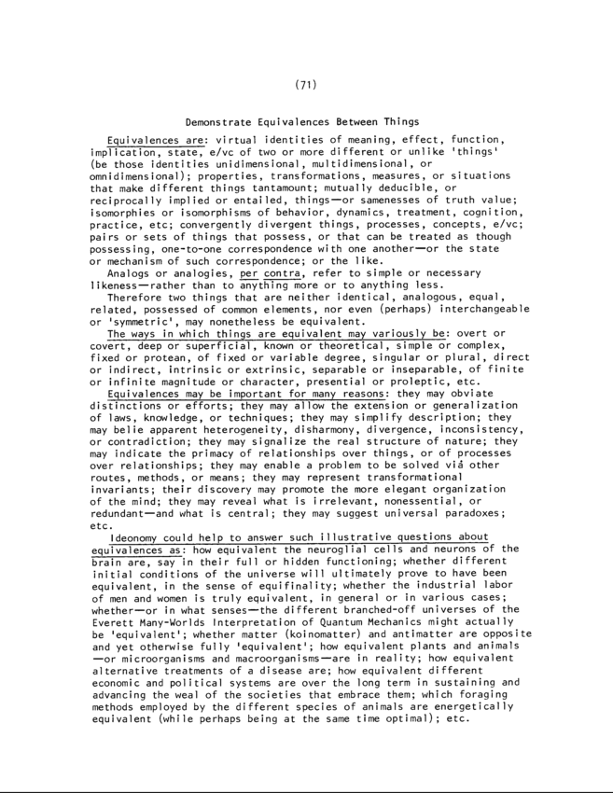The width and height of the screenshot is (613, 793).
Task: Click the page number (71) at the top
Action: click(307, 85)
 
